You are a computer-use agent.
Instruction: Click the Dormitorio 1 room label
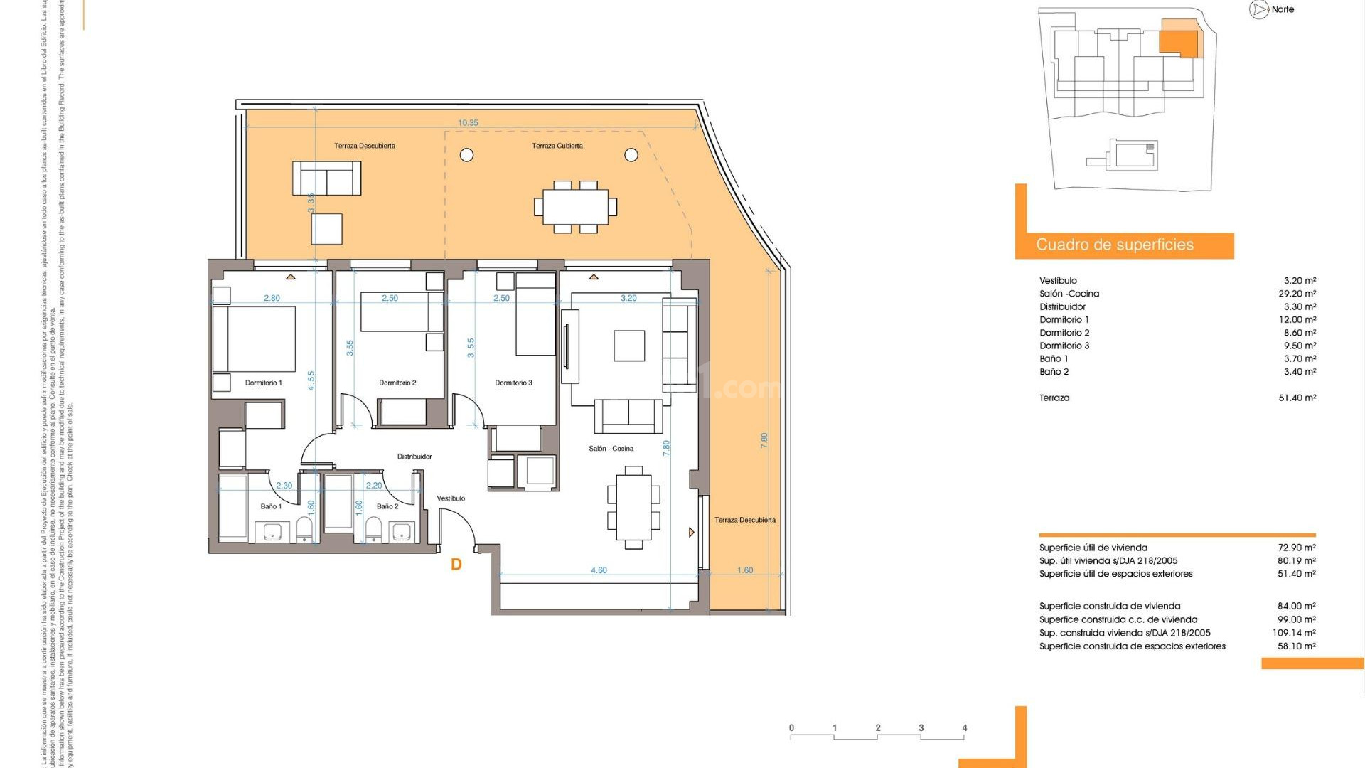263,383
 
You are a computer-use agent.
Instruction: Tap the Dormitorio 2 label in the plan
397,383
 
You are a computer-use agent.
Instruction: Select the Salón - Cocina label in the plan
611,449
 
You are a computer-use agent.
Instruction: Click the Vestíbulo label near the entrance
451,498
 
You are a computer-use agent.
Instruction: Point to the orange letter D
456,565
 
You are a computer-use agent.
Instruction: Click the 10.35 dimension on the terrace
468,123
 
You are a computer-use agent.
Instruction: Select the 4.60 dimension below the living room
599,570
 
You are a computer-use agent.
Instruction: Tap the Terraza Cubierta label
557,146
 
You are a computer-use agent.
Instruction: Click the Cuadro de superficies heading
1114,245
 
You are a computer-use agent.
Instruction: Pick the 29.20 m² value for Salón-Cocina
1297,294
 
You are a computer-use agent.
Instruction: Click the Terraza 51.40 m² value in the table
1297,398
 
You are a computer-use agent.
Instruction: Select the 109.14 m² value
1294,633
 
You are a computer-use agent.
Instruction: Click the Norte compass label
1283,9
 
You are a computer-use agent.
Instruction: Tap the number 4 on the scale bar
964,728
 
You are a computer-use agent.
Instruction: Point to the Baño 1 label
271,507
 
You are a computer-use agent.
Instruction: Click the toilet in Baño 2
373,529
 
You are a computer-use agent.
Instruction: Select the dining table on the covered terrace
575,206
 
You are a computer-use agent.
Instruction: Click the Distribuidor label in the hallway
414,457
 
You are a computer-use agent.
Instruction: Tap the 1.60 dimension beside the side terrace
745,570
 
